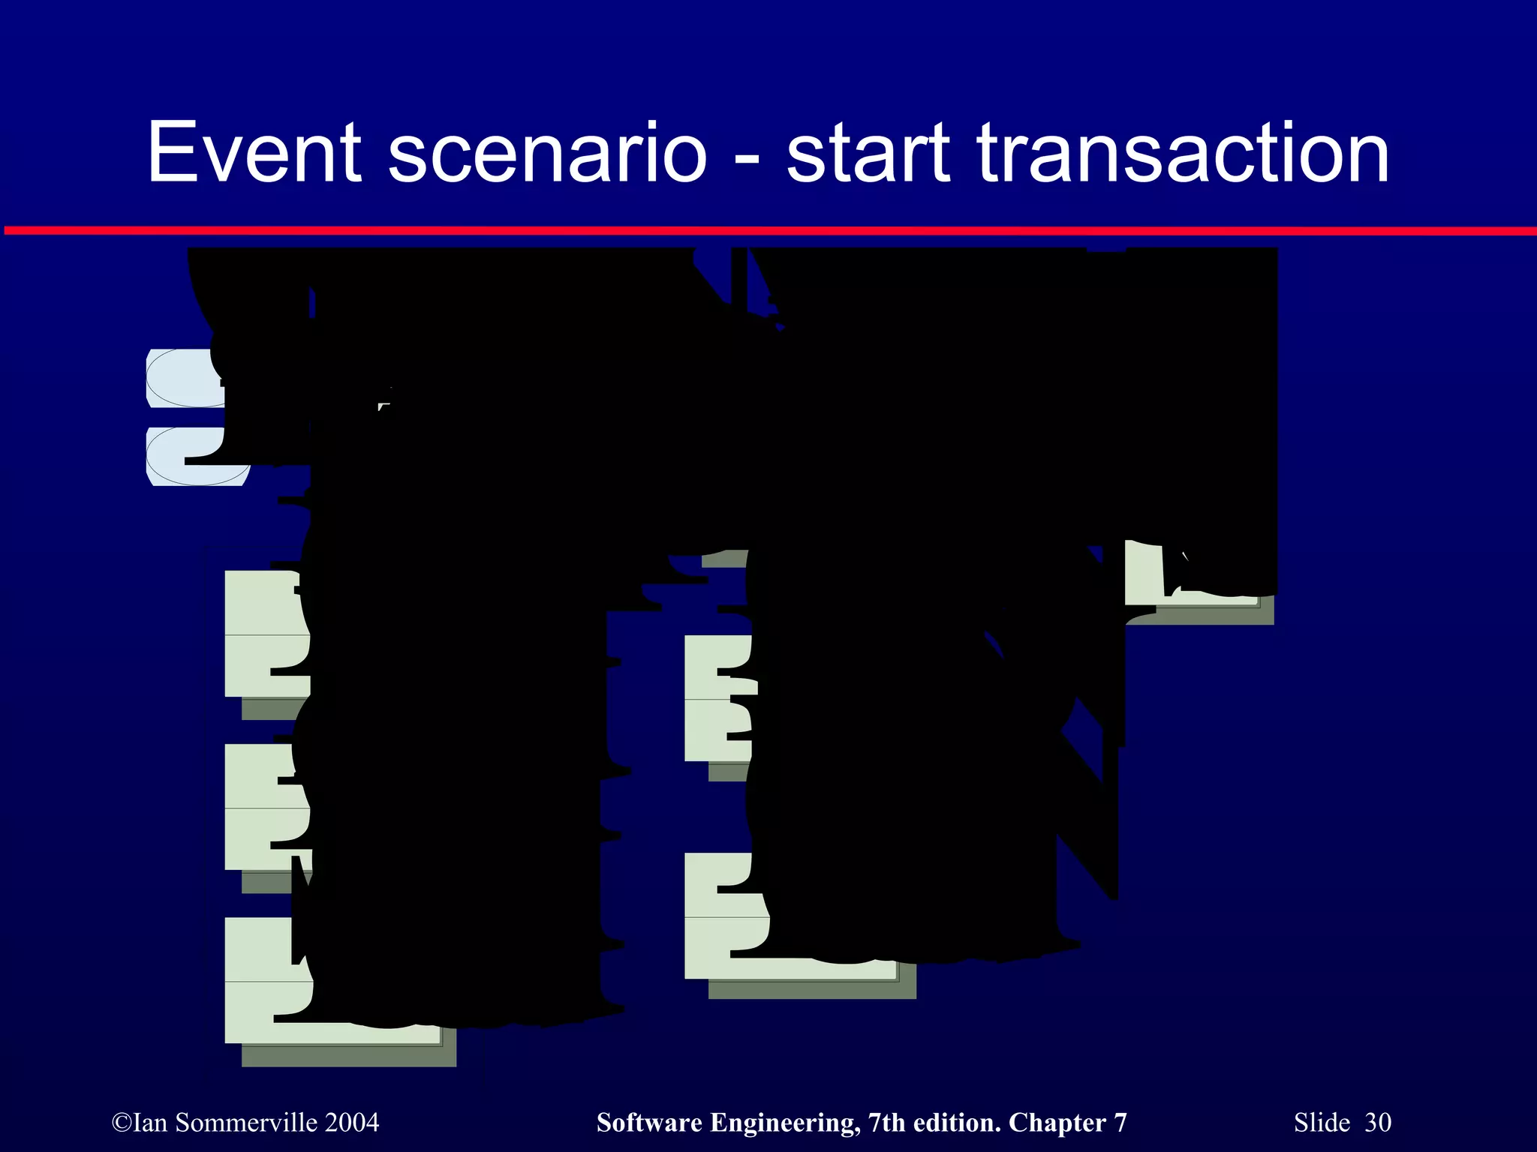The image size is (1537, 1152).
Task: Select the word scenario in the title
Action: (547, 153)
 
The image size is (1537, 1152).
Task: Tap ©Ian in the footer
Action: (140, 1123)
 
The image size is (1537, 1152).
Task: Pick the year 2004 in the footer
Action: (353, 1123)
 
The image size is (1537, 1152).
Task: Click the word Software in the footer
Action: (649, 1123)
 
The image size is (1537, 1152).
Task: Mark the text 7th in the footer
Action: (886, 1123)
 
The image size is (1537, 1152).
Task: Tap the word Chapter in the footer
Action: (1056, 1123)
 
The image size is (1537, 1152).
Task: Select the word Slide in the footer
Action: (1322, 1123)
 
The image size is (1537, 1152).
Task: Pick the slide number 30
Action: (1378, 1123)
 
